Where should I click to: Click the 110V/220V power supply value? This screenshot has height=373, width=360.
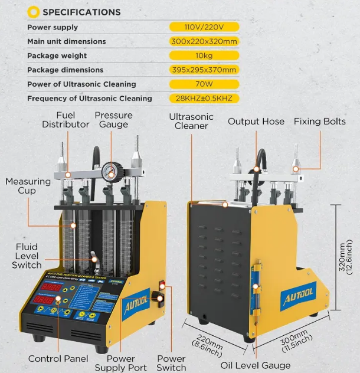tap(204, 27)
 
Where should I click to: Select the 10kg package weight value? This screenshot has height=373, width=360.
tap(204, 55)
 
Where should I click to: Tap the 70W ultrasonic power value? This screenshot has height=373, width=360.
tap(204, 84)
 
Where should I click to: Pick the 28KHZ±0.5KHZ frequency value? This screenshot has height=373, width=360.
tap(204, 98)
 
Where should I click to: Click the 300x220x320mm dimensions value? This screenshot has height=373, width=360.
tap(204, 41)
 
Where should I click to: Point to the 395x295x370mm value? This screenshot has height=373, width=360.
tap(204, 70)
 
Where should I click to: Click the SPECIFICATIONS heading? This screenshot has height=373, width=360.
tap(81, 12)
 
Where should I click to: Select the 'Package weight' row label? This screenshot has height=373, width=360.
tap(57, 55)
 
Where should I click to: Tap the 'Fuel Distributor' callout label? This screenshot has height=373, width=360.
tap(66, 120)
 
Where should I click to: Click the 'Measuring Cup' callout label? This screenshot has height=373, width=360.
tap(28, 186)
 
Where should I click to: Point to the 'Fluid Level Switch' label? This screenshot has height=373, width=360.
tap(27, 256)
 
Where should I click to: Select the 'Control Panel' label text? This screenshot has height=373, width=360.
tap(58, 359)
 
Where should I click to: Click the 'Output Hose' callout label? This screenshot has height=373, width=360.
tap(256, 122)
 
